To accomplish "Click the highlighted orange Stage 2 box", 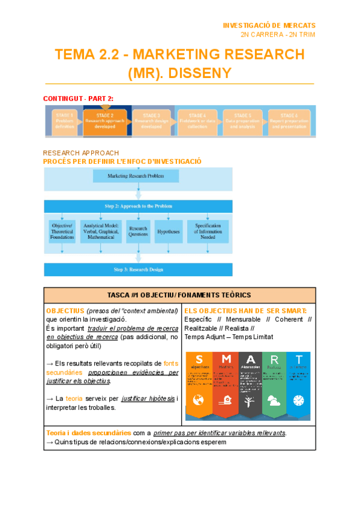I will (x=105, y=122).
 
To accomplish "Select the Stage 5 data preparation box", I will (x=242, y=122).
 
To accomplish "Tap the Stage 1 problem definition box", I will (x=64, y=122).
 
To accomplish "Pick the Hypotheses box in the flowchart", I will (x=169, y=230).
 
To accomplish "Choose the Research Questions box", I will (x=138, y=230).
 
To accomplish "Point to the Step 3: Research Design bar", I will (x=138, y=270).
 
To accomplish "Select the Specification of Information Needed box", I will (x=208, y=230).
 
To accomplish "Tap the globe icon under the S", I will (x=199, y=400).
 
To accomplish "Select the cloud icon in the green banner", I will (x=273, y=400).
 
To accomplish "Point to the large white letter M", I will (x=226, y=359).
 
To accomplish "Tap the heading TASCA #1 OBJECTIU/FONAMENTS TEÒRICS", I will (x=179, y=295).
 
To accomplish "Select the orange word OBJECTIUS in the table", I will (x=65, y=311).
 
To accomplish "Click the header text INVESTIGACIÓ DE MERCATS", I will (x=269, y=26).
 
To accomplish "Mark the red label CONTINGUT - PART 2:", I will (x=79, y=98).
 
